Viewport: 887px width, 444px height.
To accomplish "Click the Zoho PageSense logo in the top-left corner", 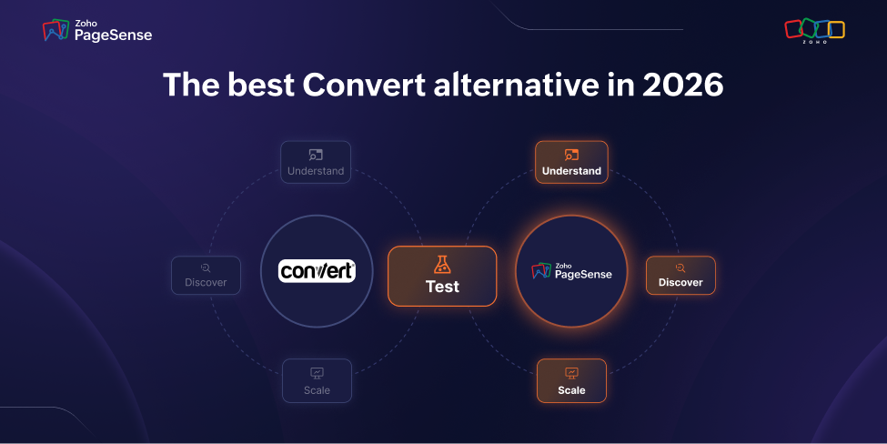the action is coord(97,31).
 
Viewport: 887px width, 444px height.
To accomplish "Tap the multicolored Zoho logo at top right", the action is coord(814,31).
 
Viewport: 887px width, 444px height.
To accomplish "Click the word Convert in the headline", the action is coord(364,85).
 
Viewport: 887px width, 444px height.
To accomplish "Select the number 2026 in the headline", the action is coord(683,85).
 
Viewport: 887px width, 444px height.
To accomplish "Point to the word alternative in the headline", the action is coord(517,85).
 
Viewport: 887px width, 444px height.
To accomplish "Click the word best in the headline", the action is coord(261,85).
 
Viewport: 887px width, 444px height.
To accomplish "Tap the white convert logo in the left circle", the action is coord(317,271).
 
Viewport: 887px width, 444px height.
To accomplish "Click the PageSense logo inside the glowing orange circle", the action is coord(572,271).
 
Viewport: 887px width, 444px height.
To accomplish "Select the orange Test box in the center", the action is coord(442,276).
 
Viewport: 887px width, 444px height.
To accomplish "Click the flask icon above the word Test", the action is coord(442,265).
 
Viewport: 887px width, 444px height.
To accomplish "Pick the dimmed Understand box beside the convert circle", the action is coord(316,162).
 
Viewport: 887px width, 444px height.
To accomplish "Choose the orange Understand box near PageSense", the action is coord(571,162).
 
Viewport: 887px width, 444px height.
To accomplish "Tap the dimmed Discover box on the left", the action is coord(206,276).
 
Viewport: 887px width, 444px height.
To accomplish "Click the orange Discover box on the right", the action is coord(680,276).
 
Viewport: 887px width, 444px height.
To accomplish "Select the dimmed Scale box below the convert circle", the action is coord(317,380).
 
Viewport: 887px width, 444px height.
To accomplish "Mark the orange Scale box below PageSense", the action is coord(571,380).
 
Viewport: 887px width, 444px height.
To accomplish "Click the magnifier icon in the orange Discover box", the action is coord(680,268).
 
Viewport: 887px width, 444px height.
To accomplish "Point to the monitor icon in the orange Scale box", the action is coord(571,373).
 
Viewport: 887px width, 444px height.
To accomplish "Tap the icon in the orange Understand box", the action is coord(571,155).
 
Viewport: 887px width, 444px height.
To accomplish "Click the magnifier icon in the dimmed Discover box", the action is coord(206,268).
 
